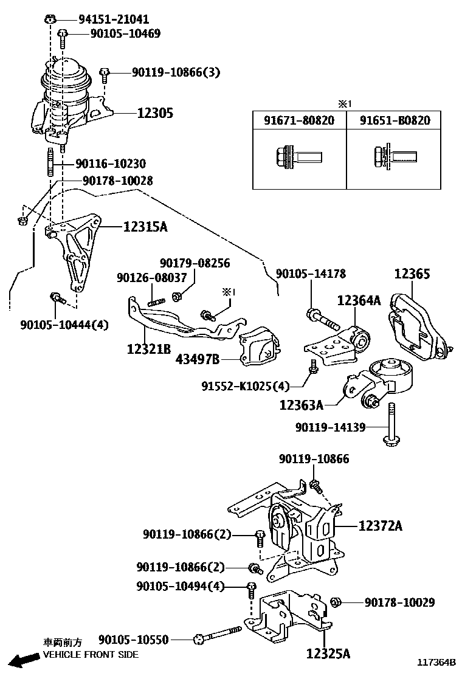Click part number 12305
coord(154,113)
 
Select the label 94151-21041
coord(113,19)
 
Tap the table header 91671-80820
coord(298,120)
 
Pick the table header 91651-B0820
coord(395,120)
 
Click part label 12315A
coord(145,227)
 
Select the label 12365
coord(412,274)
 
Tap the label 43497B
coord(198,359)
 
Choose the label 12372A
coord(380,525)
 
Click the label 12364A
coord(359,300)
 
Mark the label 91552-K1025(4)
coord(246,385)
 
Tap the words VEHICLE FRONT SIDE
coord(91,655)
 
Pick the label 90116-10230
coord(110,164)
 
